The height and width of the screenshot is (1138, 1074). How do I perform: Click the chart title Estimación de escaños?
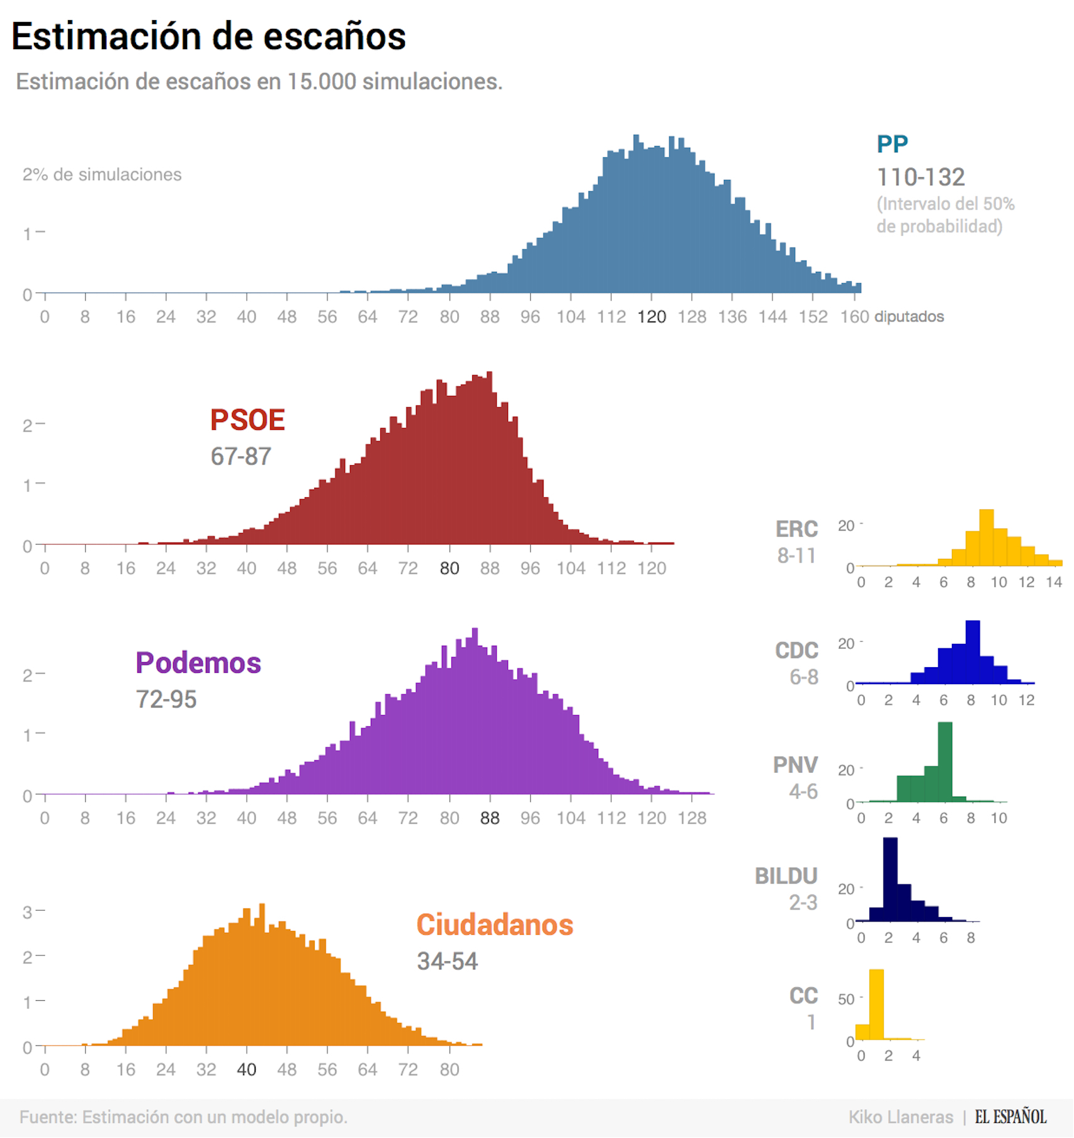[208, 36]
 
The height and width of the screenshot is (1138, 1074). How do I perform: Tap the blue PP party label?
[892, 144]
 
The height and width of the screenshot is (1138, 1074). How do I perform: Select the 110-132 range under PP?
[920, 177]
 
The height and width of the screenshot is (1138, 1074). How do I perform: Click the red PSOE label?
[247, 420]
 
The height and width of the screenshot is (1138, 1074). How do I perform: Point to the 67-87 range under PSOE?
[240, 456]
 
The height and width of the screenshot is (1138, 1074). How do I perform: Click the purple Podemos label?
[198, 663]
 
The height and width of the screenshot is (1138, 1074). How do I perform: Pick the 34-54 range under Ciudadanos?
[447, 961]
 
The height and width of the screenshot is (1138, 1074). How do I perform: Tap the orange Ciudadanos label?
[495, 925]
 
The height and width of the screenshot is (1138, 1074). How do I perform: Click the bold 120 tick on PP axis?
[651, 317]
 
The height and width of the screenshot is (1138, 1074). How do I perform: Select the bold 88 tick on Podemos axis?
[489, 818]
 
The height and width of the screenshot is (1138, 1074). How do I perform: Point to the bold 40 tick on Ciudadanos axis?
[246, 1069]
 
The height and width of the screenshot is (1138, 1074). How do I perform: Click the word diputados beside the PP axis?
[909, 317]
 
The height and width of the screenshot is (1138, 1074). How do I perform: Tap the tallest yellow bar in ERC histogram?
[986, 538]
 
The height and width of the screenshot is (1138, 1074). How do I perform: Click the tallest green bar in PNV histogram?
[944, 762]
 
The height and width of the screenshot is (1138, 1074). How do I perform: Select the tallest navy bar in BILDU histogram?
[890, 879]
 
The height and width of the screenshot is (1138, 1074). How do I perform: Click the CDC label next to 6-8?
[796, 650]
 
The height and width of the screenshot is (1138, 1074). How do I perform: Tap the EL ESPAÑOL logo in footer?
[1010, 1117]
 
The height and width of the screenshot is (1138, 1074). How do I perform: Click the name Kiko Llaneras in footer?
[900, 1117]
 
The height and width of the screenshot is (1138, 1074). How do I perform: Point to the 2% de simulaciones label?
[102, 174]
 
